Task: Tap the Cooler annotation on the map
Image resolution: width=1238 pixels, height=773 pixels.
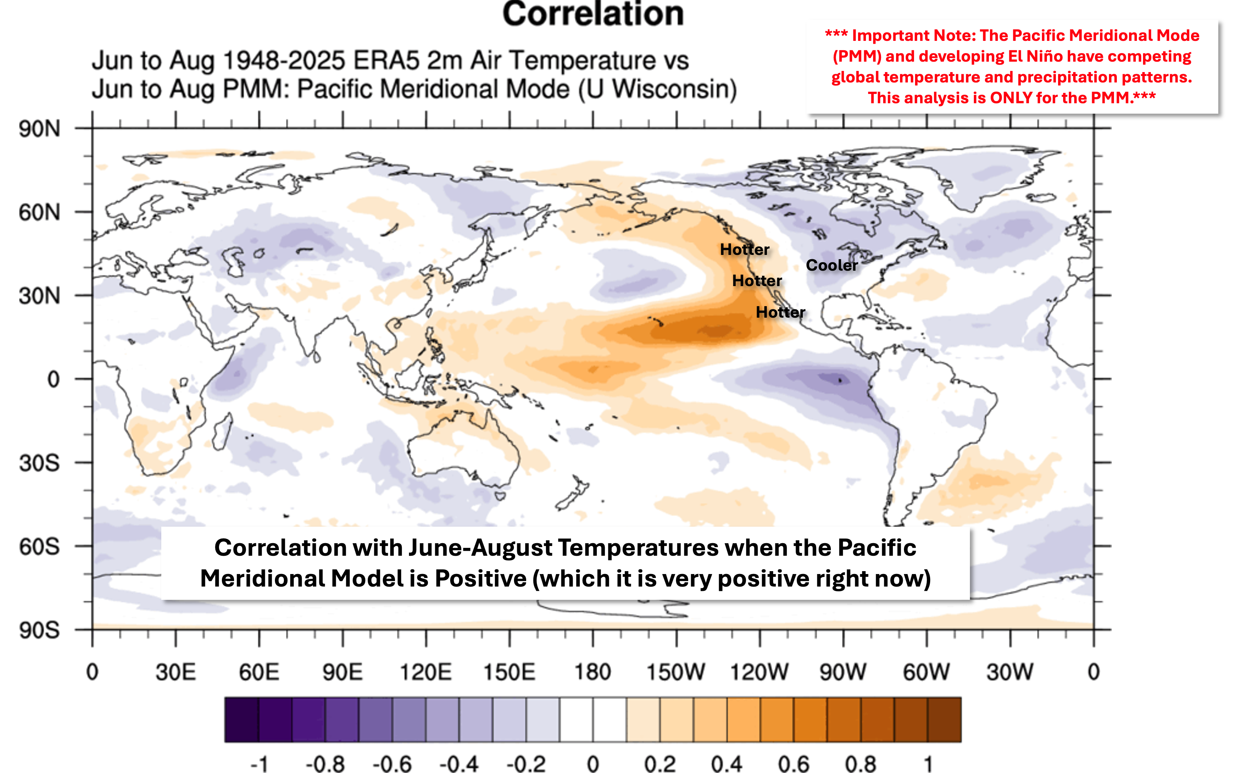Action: tap(832, 265)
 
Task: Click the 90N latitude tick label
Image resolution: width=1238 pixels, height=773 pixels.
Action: tap(39, 129)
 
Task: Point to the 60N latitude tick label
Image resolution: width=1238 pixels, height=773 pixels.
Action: tap(39, 212)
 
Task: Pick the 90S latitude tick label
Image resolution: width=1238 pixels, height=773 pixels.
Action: tap(39, 630)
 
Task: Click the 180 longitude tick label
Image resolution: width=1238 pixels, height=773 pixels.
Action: tap(593, 672)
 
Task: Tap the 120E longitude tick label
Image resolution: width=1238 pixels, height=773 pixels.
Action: tap(425, 672)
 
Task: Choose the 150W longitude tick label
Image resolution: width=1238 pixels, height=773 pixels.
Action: tap(676, 672)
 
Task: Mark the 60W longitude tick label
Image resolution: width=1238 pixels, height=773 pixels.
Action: tap(926, 672)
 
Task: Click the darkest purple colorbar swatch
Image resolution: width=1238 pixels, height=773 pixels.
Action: tap(242, 719)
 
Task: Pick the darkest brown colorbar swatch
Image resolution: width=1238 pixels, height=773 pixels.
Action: tap(944, 719)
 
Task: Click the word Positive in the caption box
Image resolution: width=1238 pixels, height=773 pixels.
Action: tap(481, 579)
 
